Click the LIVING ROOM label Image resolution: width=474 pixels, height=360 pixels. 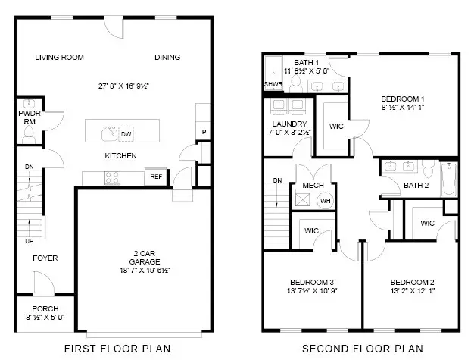click(x=60, y=58)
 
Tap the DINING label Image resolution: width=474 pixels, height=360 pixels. click(x=167, y=58)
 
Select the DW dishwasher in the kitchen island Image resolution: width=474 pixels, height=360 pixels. click(x=126, y=134)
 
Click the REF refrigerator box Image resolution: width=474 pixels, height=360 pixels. click(x=156, y=177)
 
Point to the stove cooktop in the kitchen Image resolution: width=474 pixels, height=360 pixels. click(x=113, y=177)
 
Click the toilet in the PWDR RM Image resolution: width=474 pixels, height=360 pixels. click(x=30, y=134)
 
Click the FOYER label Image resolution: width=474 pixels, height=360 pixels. click(x=45, y=258)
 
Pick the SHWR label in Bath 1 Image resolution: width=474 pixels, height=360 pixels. click(x=273, y=84)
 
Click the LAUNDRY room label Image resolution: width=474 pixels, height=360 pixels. click(x=288, y=124)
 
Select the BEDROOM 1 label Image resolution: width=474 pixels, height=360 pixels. click(x=402, y=99)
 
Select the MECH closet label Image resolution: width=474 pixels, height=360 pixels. click(x=313, y=186)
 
